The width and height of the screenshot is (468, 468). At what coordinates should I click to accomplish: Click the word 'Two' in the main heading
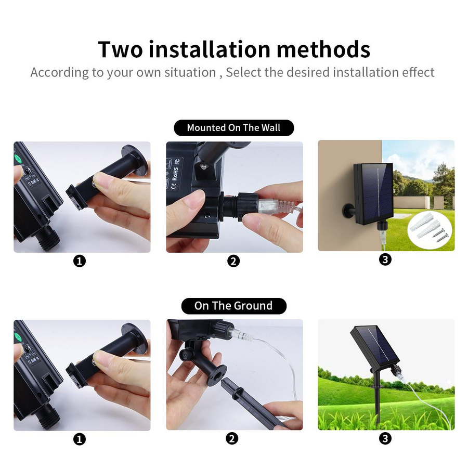click(120, 49)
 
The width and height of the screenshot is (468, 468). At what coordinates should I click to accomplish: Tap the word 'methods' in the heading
click(323, 49)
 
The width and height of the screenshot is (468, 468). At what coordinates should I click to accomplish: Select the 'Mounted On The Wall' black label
click(233, 128)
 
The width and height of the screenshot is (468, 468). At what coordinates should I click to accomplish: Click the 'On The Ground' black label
click(233, 306)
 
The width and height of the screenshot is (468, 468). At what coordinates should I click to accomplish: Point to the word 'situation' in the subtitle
click(190, 72)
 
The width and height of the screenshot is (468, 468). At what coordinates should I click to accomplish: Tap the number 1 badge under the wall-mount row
click(80, 261)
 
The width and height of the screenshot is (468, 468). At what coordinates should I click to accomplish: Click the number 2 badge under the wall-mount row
click(233, 261)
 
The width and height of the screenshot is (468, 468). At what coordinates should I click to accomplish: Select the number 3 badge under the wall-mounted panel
click(385, 259)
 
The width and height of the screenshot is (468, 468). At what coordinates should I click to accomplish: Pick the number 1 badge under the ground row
click(80, 439)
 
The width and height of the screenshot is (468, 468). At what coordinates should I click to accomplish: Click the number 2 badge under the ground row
click(232, 439)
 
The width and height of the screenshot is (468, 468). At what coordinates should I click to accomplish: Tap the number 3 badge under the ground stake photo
click(385, 439)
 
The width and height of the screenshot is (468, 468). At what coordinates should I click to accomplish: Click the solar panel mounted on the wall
click(373, 194)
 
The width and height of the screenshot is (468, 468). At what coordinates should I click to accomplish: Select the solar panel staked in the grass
click(375, 345)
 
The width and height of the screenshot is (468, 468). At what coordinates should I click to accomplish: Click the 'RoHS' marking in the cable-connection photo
click(175, 174)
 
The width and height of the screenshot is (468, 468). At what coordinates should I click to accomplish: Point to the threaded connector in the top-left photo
click(48, 237)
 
